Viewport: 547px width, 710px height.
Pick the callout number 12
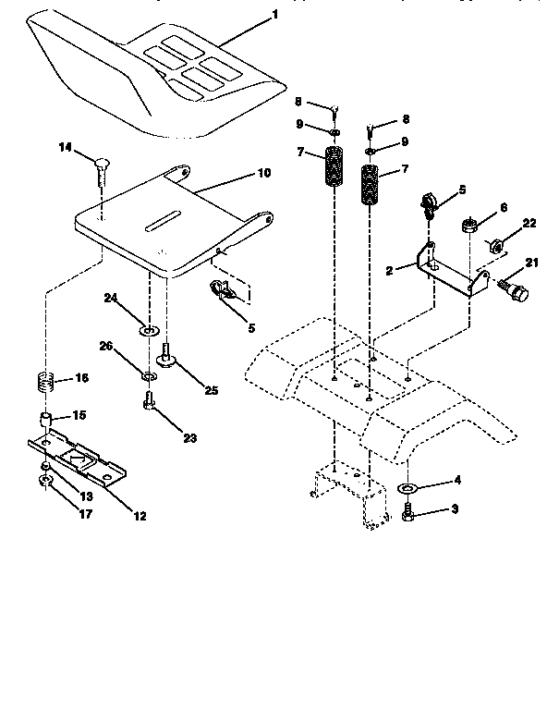tap(139, 516)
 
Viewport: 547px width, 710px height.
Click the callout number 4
tap(455, 480)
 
